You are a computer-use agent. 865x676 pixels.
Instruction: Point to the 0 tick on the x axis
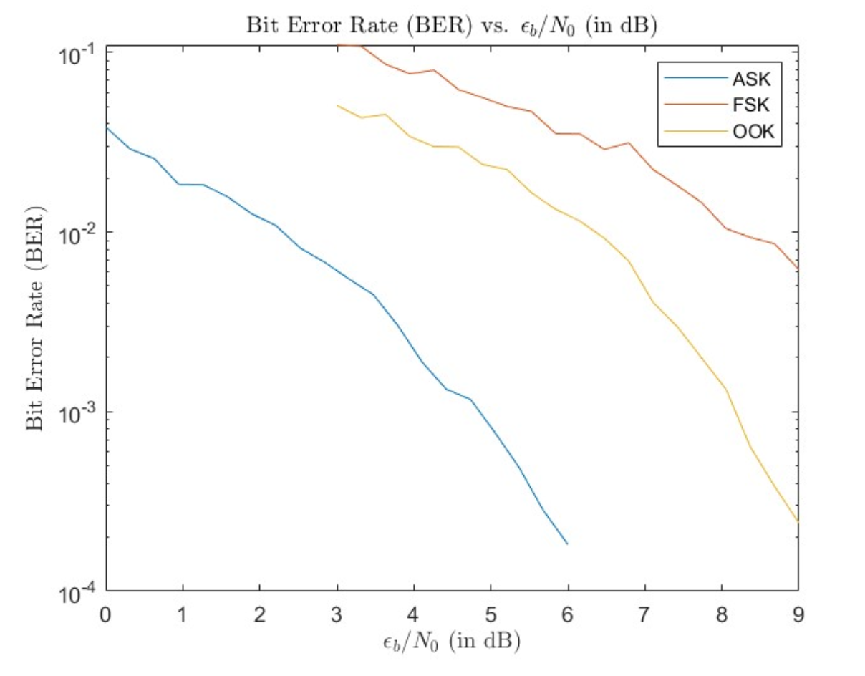point(106,613)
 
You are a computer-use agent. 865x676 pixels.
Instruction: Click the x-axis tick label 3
point(337,613)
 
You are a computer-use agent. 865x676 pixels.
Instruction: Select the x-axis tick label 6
point(568,613)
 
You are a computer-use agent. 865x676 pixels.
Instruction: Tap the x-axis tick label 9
point(798,613)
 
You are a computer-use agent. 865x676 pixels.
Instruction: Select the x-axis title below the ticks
point(451,641)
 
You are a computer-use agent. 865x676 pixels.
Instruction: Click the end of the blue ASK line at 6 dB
point(567,544)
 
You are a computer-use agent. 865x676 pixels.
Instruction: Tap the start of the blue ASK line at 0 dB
point(107,128)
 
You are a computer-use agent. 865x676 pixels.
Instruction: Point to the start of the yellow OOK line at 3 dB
point(337,105)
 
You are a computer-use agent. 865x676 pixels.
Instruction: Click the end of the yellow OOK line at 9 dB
point(797,521)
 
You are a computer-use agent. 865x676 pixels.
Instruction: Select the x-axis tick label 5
point(491,613)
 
